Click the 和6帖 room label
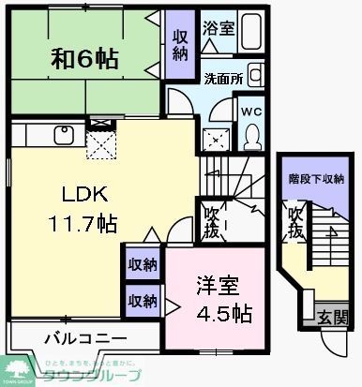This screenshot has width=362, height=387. pyautogui.click(x=84, y=60)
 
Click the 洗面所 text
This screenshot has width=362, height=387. pyautogui.click(x=224, y=79)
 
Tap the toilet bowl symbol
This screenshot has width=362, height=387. pyautogui.click(x=251, y=136)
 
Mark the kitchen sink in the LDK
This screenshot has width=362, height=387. pyautogui.click(x=63, y=135)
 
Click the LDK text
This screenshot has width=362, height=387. pyautogui.click(x=85, y=195)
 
